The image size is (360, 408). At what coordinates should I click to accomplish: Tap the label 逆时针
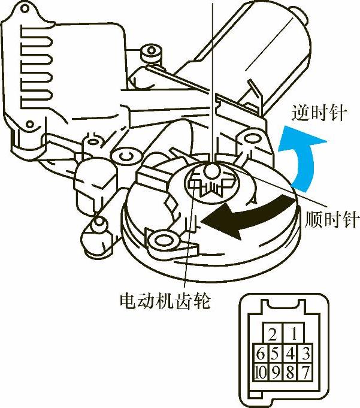318,113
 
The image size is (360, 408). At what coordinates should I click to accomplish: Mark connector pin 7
305,372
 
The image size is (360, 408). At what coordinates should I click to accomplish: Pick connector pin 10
260,372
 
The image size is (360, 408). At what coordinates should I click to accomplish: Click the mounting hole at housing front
162,241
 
